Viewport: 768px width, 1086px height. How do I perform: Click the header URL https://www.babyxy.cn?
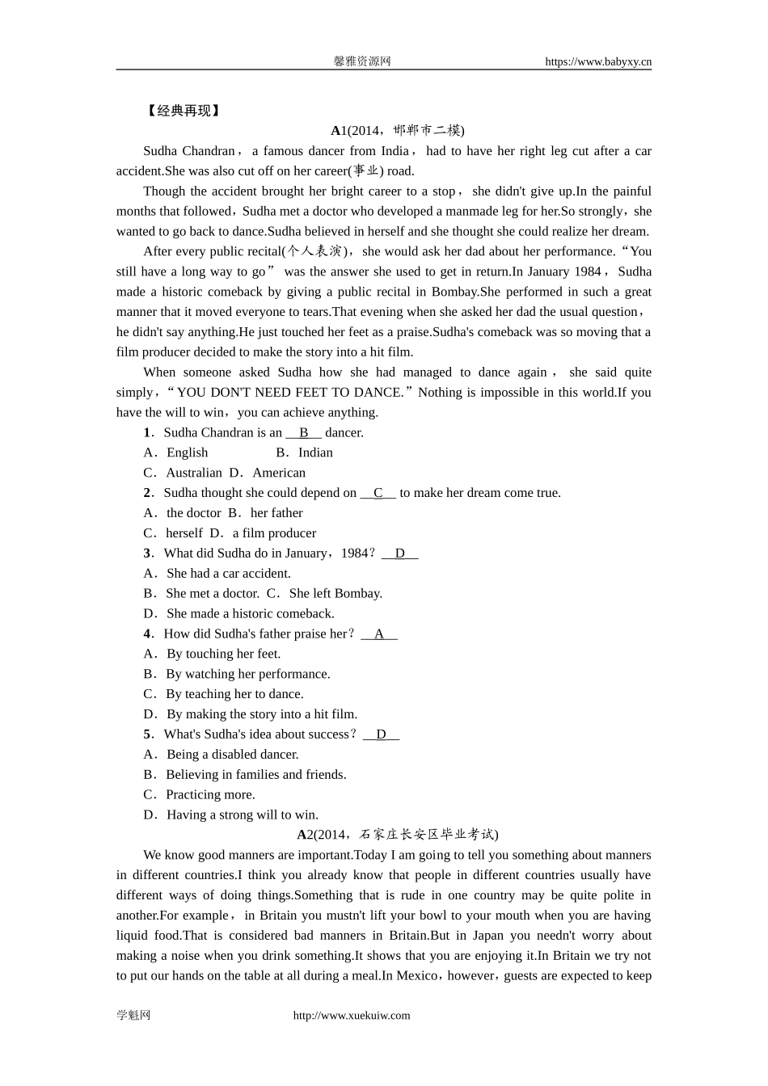597,61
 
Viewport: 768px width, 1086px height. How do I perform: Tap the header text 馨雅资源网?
362,61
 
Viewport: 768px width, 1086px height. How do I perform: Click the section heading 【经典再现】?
183,111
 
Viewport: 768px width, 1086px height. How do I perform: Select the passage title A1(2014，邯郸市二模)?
397,130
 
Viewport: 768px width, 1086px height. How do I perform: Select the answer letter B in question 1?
304,432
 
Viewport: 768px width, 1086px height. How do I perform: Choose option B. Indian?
305,452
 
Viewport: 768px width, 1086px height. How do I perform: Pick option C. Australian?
184,473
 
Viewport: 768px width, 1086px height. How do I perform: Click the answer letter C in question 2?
378,493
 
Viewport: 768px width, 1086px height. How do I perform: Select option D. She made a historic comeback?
239,613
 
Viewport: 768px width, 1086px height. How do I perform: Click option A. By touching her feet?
213,654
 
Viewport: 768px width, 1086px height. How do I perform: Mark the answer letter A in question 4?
378,633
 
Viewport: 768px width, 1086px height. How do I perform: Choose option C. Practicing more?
200,794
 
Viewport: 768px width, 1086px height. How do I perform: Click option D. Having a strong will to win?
231,814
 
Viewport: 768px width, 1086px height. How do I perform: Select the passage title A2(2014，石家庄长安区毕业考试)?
397,835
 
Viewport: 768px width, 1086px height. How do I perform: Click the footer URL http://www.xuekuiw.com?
351,1016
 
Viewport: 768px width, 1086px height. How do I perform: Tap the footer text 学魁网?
133,1016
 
